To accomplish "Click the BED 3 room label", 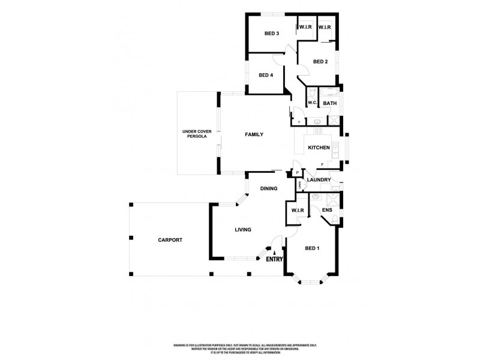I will [x=272, y=34].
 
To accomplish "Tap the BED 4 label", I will [x=266, y=75].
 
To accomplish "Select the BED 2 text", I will [x=320, y=62].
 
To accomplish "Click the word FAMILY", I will [x=254, y=134].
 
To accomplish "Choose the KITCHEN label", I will [x=319, y=148].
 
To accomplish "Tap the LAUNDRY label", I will [x=319, y=180].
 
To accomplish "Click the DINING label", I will [x=268, y=188].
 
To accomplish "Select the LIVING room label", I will [x=242, y=230].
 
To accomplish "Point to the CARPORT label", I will [x=170, y=240].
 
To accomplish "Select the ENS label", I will [x=327, y=210].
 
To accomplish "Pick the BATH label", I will [x=329, y=103].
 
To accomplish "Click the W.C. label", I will [x=312, y=103].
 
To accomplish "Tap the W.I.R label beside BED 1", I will [x=298, y=210].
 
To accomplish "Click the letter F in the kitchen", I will [x=322, y=164].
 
